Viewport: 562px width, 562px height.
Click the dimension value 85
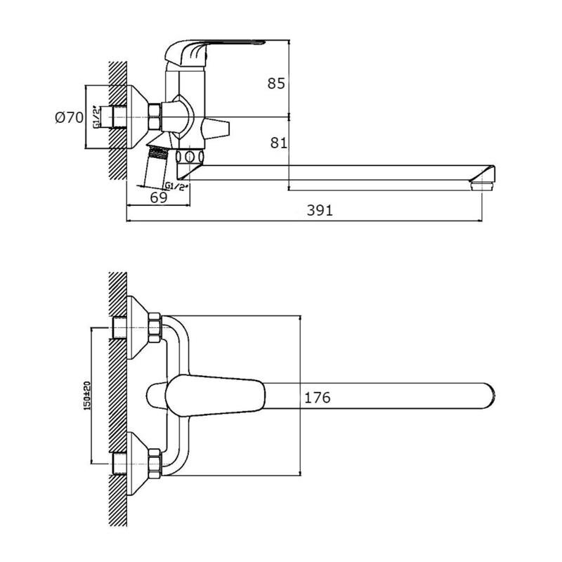[x=276, y=83]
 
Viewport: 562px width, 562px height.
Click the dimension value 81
[x=278, y=143]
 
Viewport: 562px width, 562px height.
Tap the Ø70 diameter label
[x=69, y=117]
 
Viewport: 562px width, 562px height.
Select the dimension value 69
[x=159, y=197]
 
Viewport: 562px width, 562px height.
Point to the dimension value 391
[x=320, y=210]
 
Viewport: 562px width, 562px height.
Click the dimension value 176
[x=318, y=398]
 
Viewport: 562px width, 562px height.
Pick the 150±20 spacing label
[x=86, y=396]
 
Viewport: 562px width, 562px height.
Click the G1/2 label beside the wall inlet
[x=96, y=117]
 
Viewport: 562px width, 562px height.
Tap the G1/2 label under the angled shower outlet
[x=176, y=186]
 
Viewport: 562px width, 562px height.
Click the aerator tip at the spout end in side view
[x=483, y=185]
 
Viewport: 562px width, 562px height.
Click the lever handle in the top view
[x=215, y=396]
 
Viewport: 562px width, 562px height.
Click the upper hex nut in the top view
[x=155, y=328]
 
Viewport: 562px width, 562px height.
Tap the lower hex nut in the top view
[x=155, y=464]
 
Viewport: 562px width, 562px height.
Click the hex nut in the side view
[x=155, y=117]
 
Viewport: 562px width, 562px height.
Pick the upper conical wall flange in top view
[x=138, y=328]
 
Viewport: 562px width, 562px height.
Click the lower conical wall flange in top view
[x=138, y=464]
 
